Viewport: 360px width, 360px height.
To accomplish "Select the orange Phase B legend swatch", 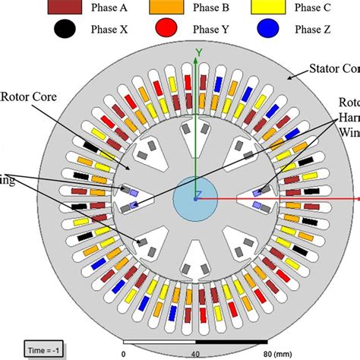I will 175,8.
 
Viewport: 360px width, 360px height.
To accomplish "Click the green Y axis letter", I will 198,52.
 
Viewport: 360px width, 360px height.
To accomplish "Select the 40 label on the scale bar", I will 195,353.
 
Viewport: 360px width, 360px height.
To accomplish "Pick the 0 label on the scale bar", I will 124,353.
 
